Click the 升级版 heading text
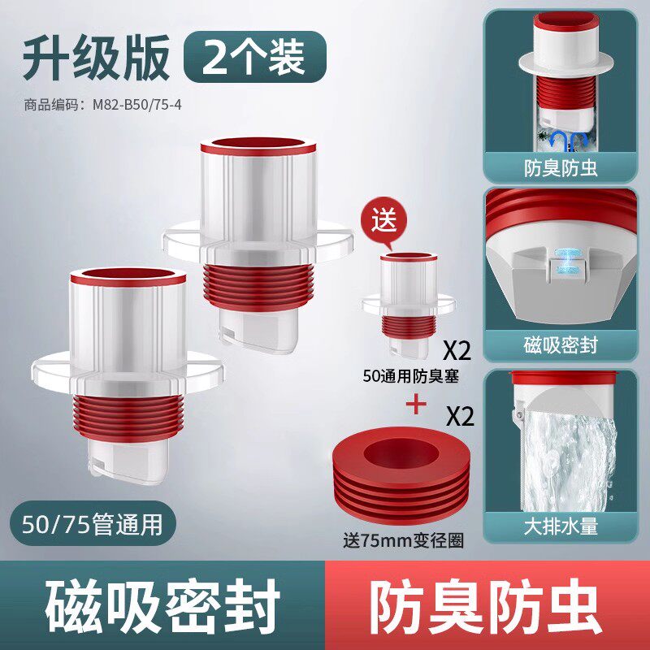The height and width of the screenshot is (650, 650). click(x=96, y=58)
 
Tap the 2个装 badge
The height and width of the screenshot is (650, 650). click(x=255, y=57)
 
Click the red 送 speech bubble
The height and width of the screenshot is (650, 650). click(x=383, y=221)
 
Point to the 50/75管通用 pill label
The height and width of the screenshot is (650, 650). click(x=93, y=523)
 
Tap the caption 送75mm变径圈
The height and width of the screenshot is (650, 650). click(x=403, y=540)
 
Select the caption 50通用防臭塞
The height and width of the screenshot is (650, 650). click(x=411, y=376)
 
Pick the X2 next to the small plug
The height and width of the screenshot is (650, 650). click(x=457, y=351)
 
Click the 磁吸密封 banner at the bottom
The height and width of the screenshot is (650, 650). click(x=162, y=605)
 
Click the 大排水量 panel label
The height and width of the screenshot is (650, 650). click(x=561, y=526)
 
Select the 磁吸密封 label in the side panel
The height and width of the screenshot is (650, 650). click(x=561, y=345)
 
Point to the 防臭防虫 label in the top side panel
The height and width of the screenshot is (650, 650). click(x=561, y=168)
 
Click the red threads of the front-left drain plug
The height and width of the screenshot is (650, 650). click(x=128, y=417)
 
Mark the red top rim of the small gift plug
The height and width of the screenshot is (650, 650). click(x=409, y=257)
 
